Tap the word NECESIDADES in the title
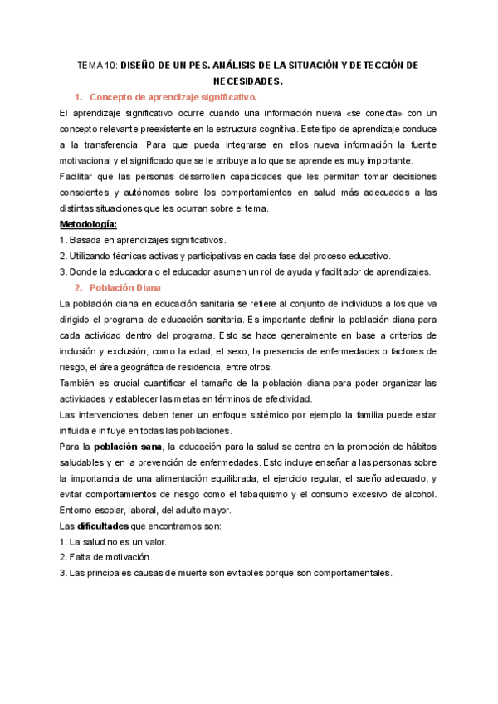[248, 81]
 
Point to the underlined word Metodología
[89, 224]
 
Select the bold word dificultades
[104, 527]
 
